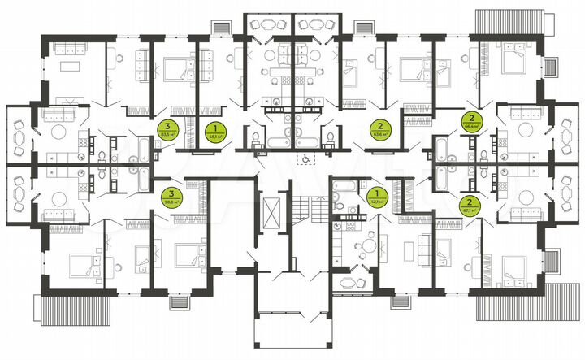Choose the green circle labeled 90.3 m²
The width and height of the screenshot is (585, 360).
(171, 195)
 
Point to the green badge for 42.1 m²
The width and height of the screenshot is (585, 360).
(375, 195)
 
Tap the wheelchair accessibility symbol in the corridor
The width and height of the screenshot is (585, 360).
(305, 161)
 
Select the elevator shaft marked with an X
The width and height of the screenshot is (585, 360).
(267, 212)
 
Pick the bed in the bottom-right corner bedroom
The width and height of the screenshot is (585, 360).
(514, 267)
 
